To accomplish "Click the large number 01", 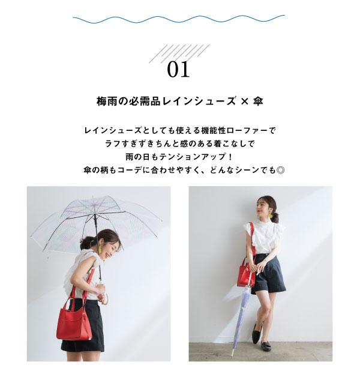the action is point(178,69).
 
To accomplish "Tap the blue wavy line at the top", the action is point(179,19).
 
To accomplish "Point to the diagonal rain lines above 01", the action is point(179,53).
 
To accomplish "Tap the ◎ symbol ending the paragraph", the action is point(280,170).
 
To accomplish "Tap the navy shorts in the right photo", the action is point(268,273).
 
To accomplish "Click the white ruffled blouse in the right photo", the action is point(264,237).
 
